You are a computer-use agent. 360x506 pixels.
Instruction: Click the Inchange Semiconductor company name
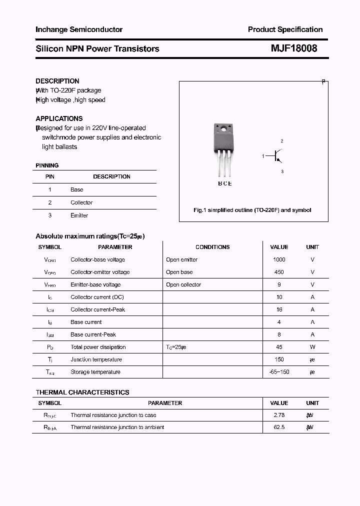(x=79, y=29)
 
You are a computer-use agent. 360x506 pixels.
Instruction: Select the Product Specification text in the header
(x=285, y=29)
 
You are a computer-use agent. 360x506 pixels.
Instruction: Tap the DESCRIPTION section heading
(x=57, y=81)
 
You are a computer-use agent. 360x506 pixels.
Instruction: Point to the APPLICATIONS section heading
(x=59, y=118)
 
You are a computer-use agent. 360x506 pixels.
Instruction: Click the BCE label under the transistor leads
(x=224, y=183)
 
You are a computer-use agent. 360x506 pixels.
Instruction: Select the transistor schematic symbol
(x=276, y=156)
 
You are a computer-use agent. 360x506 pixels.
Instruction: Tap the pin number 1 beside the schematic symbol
(x=263, y=156)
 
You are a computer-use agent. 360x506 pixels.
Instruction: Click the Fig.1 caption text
(x=252, y=210)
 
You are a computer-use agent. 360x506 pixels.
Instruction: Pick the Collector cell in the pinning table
(x=81, y=202)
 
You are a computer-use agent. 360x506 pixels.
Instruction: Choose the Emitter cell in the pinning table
(x=79, y=215)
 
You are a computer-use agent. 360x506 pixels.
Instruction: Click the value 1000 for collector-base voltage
(x=279, y=259)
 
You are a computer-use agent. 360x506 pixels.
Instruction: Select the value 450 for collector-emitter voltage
(x=279, y=272)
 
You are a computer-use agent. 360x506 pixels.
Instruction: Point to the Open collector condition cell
(x=183, y=284)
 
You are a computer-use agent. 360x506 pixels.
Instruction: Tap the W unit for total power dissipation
(x=312, y=347)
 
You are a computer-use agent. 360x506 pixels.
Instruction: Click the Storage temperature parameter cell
(x=95, y=372)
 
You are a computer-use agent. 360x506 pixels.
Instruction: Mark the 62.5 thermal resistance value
(x=279, y=427)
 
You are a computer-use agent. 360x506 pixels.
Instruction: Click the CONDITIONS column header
(x=212, y=247)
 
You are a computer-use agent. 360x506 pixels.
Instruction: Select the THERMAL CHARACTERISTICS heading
(x=82, y=392)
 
